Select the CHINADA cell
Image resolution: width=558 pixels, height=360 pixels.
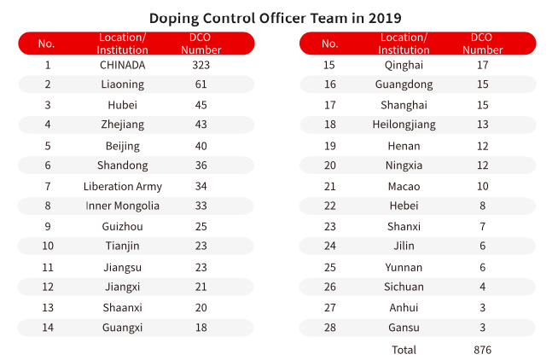[123, 65]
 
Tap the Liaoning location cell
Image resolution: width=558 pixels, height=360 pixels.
[123, 84]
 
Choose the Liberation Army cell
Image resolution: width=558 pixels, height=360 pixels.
[123, 186]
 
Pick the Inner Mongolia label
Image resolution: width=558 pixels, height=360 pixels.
[123, 206]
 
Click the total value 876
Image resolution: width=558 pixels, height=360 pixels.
[483, 350]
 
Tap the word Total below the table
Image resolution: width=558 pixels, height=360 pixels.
[404, 350]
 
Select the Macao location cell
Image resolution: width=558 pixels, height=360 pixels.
[404, 186]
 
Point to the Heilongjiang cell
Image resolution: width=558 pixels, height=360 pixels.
[404, 125]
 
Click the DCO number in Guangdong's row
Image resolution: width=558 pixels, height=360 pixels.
[483, 84]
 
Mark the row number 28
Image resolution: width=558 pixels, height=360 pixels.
[329, 328]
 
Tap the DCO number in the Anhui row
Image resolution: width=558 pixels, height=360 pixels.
[483, 307]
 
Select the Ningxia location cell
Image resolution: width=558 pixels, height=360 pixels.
[404, 165]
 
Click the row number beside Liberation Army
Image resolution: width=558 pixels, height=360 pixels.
[48, 186]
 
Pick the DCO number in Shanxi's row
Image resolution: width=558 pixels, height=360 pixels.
[483, 226]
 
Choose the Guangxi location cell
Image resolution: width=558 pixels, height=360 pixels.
[123, 328]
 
